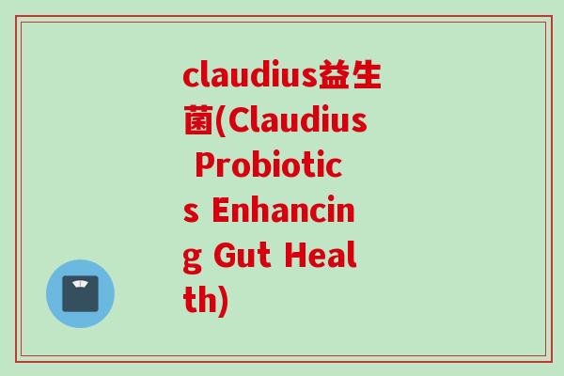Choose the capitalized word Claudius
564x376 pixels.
(x=298, y=122)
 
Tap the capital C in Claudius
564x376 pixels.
(x=242, y=122)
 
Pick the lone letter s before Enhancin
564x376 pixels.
(x=191, y=214)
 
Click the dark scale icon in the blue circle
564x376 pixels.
(x=80, y=293)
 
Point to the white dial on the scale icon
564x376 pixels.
(x=80, y=285)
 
